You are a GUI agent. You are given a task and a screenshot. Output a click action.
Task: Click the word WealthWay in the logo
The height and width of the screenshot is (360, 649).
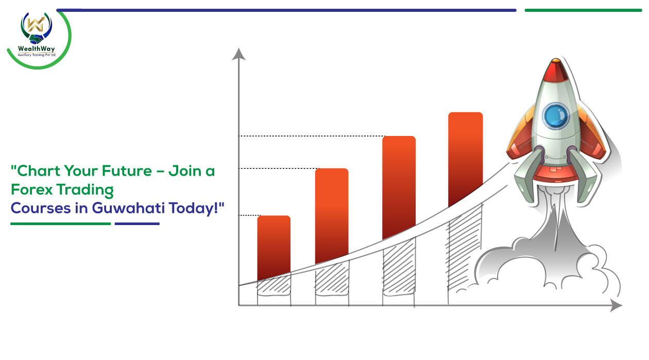coord(36,48)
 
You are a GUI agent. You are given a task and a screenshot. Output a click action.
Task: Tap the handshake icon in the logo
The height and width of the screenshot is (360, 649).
coord(36,39)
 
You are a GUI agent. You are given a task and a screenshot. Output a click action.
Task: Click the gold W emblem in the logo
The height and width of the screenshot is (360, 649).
coord(36,24)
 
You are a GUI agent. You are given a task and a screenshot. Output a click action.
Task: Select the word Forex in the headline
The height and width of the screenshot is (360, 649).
coord(32,190)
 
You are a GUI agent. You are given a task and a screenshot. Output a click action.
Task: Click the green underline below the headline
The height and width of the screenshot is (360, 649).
coord(61,224)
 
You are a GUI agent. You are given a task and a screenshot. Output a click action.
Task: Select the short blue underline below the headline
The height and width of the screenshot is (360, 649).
coord(137,224)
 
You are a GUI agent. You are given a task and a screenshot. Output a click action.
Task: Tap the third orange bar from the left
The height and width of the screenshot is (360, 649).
coord(399,187)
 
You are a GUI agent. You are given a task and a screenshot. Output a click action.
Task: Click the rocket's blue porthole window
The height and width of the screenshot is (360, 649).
coord(556,116)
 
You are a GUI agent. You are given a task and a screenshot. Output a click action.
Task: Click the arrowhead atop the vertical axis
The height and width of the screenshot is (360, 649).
coord(238,54)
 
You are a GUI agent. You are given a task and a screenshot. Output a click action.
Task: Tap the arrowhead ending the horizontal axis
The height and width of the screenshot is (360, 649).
coord(616,305)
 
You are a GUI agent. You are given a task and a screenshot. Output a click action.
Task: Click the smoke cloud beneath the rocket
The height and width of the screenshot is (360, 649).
coord(548,261)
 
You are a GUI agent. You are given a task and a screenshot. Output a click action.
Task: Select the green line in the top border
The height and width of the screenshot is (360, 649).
coord(583,10)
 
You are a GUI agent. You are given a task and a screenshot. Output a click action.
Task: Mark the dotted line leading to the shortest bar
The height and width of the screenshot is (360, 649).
coord(249,215)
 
